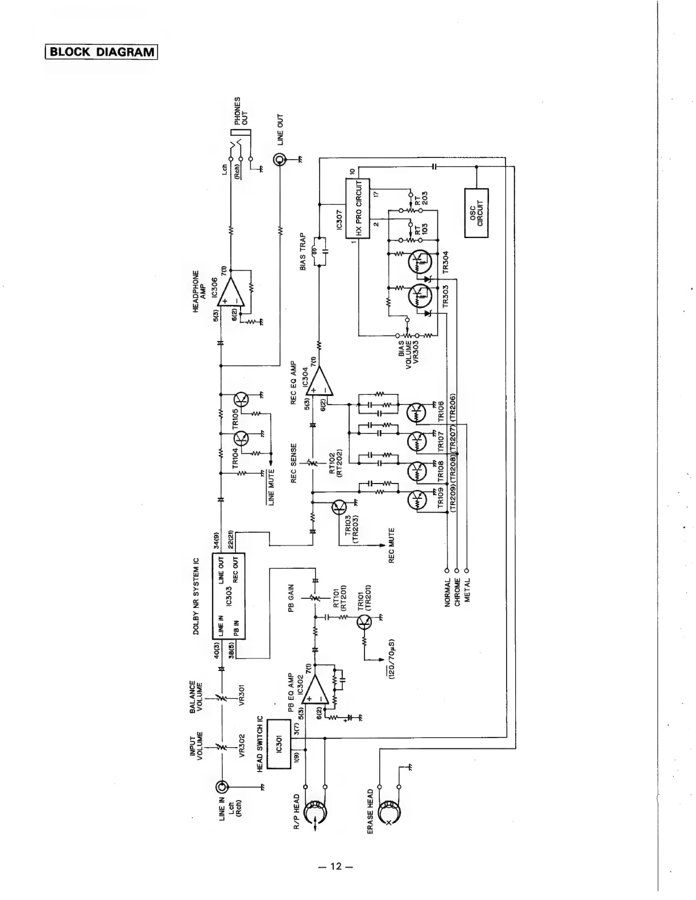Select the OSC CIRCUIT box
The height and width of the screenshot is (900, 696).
[476, 213]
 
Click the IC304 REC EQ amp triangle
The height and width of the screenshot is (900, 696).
[320, 381]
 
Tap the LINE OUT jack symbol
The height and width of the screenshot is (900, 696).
[280, 160]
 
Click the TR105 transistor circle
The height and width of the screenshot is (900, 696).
[243, 399]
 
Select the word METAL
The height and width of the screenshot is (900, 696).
[467, 591]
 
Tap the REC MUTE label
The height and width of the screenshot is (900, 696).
[391, 545]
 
